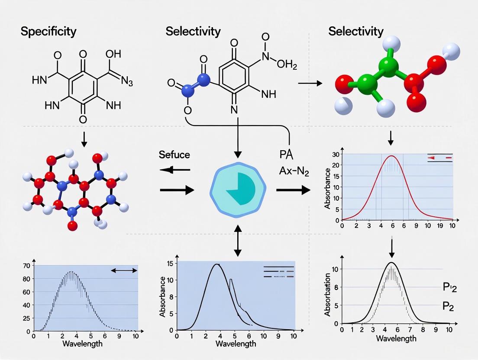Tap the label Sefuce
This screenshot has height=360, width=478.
(x=174, y=154)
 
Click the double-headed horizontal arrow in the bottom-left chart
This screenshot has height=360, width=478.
(x=124, y=270)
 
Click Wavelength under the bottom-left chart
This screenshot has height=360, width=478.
(x=83, y=344)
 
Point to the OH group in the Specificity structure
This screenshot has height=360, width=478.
(x=113, y=55)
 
